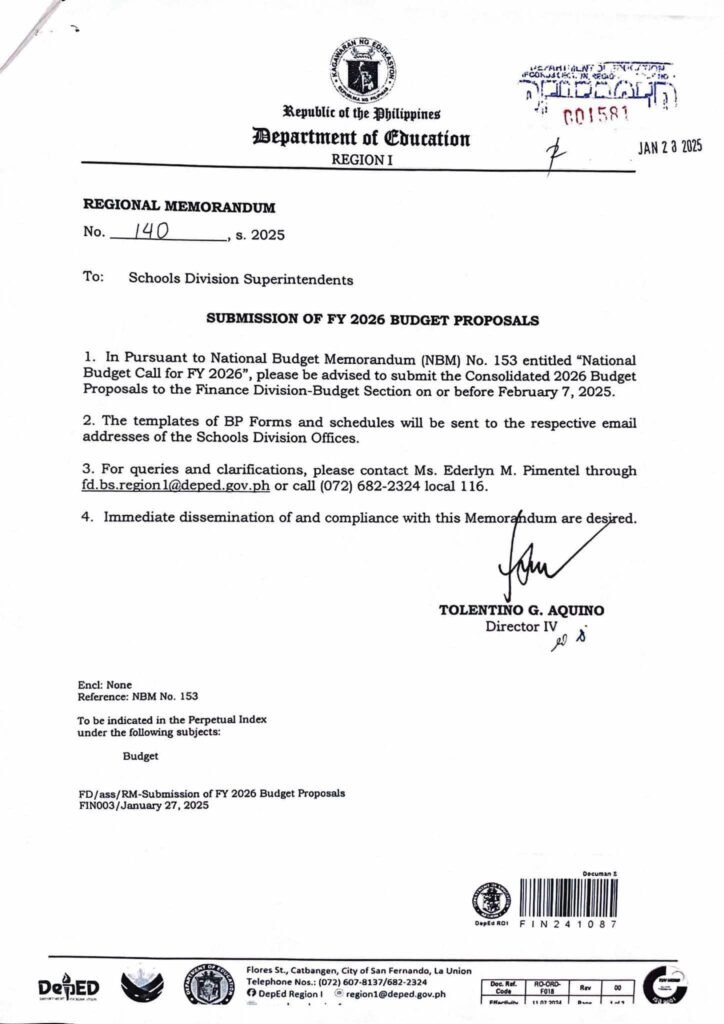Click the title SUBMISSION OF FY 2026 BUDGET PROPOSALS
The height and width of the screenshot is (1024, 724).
[x=372, y=321]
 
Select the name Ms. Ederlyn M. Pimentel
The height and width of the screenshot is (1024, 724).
[x=496, y=470]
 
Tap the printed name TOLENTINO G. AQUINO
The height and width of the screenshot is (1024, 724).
[x=521, y=610]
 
